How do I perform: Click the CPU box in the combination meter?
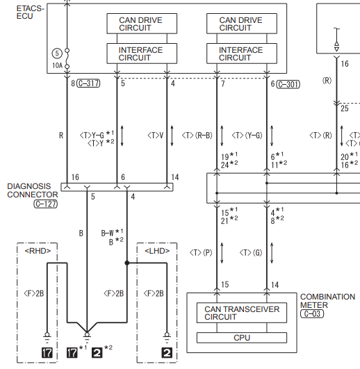coord(242,338)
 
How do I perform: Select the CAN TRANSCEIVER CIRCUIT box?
coord(242,313)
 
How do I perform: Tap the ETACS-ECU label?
coord(30,13)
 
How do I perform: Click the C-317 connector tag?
coord(89,83)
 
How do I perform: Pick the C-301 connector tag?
coord(288,84)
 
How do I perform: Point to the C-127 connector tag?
coord(45,204)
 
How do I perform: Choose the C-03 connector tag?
coord(312,313)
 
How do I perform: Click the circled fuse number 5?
coord(57,54)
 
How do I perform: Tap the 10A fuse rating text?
coord(57,65)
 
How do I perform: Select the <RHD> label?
coord(38,251)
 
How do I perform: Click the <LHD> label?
coord(157,251)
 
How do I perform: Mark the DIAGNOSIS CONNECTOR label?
coord(33,190)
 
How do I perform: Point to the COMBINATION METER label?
coord(327,301)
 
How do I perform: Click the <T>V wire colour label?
coord(155,136)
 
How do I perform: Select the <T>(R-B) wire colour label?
coord(197,136)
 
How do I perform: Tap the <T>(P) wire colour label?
coord(201,253)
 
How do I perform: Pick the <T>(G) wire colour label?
coord(251,253)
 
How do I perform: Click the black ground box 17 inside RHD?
coord(47,352)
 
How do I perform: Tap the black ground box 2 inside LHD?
coord(167,352)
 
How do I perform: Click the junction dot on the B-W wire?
coord(127,263)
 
